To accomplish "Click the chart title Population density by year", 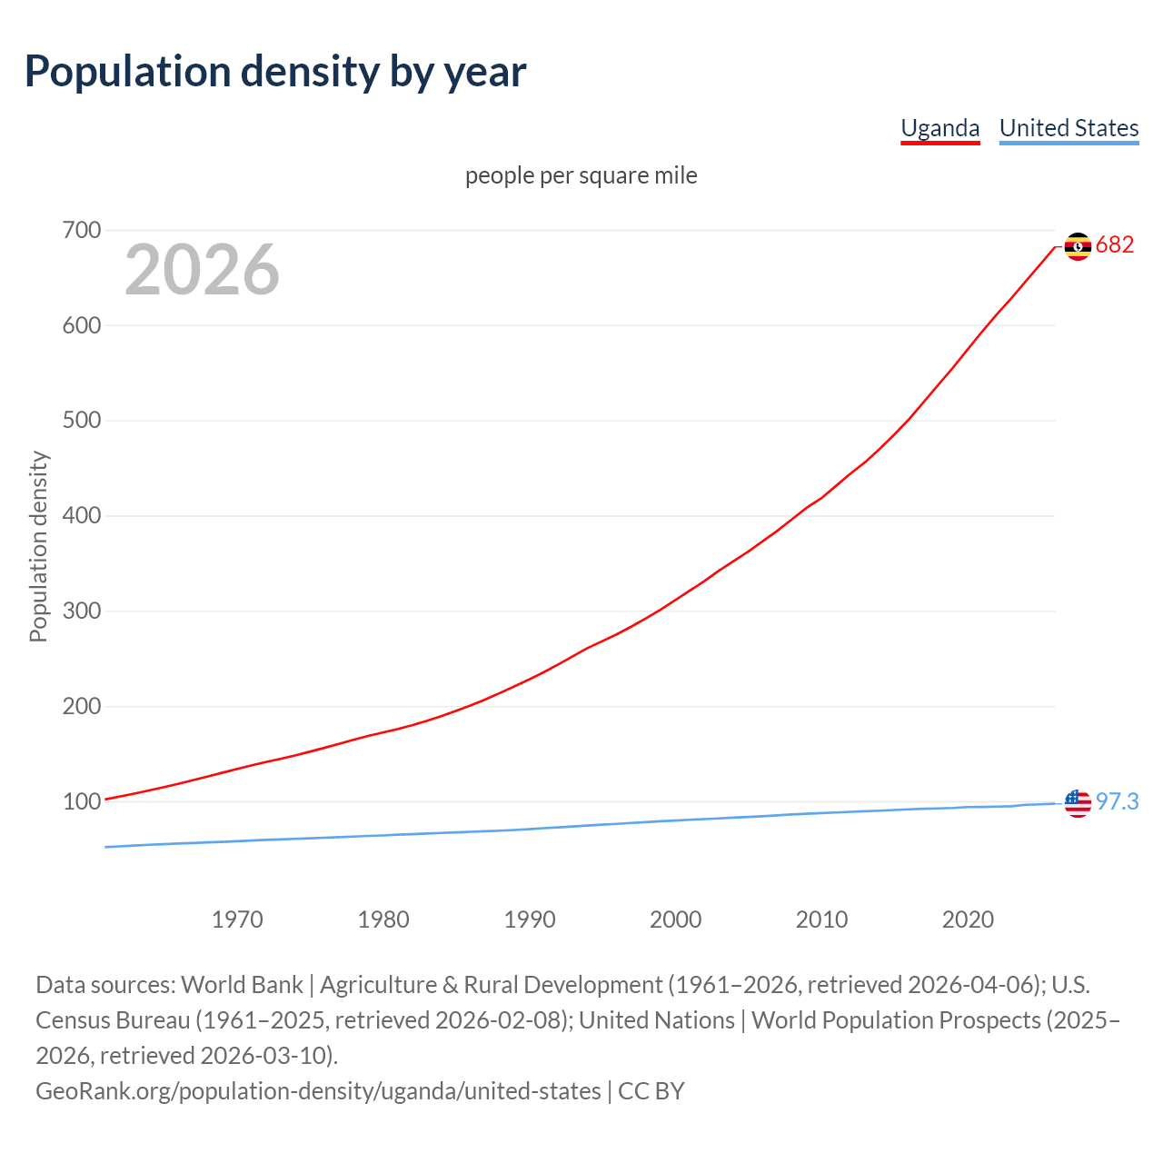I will (x=275, y=72).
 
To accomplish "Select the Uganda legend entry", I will (x=939, y=128).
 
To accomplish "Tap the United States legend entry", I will (x=1069, y=128).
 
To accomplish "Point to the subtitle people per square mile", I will (x=581, y=175).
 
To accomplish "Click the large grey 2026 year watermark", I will (x=202, y=270).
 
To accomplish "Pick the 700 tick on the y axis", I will (x=81, y=231).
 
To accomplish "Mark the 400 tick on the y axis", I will (x=81, y=516).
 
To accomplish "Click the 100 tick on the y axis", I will (x=81, y=802).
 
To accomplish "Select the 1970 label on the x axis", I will (x=237, y=919).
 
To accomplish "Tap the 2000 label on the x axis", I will (x=675, y=919).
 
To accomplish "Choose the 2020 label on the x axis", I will (x=968, y=919).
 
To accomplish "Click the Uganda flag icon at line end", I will (x=1078, y=246).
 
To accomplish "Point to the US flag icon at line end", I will (x=1078, y=803).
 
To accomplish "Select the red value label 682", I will (x=1115, y=245).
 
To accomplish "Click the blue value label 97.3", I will (x=1117, y=802).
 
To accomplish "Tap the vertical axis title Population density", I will (x=38, y=547).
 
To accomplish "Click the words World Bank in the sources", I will (x=242, y=985).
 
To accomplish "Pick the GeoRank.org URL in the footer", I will (x=318, y=1091).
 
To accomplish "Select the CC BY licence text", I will (x=651, y=1091).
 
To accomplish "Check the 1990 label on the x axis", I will (x=530, y=919).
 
